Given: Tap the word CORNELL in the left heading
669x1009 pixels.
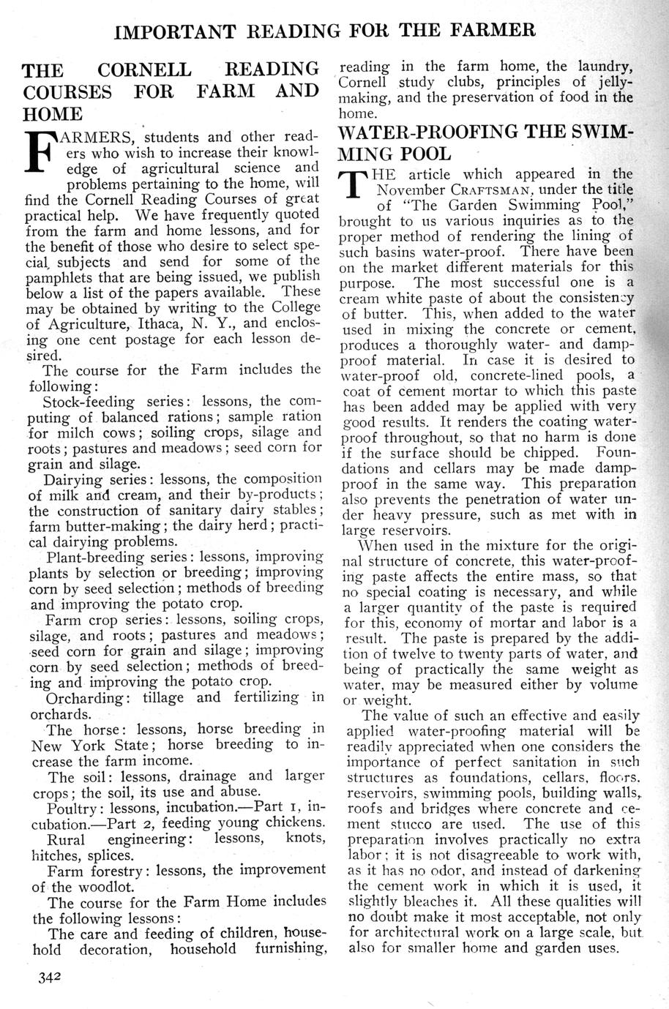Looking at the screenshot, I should (x=145, y=71).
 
